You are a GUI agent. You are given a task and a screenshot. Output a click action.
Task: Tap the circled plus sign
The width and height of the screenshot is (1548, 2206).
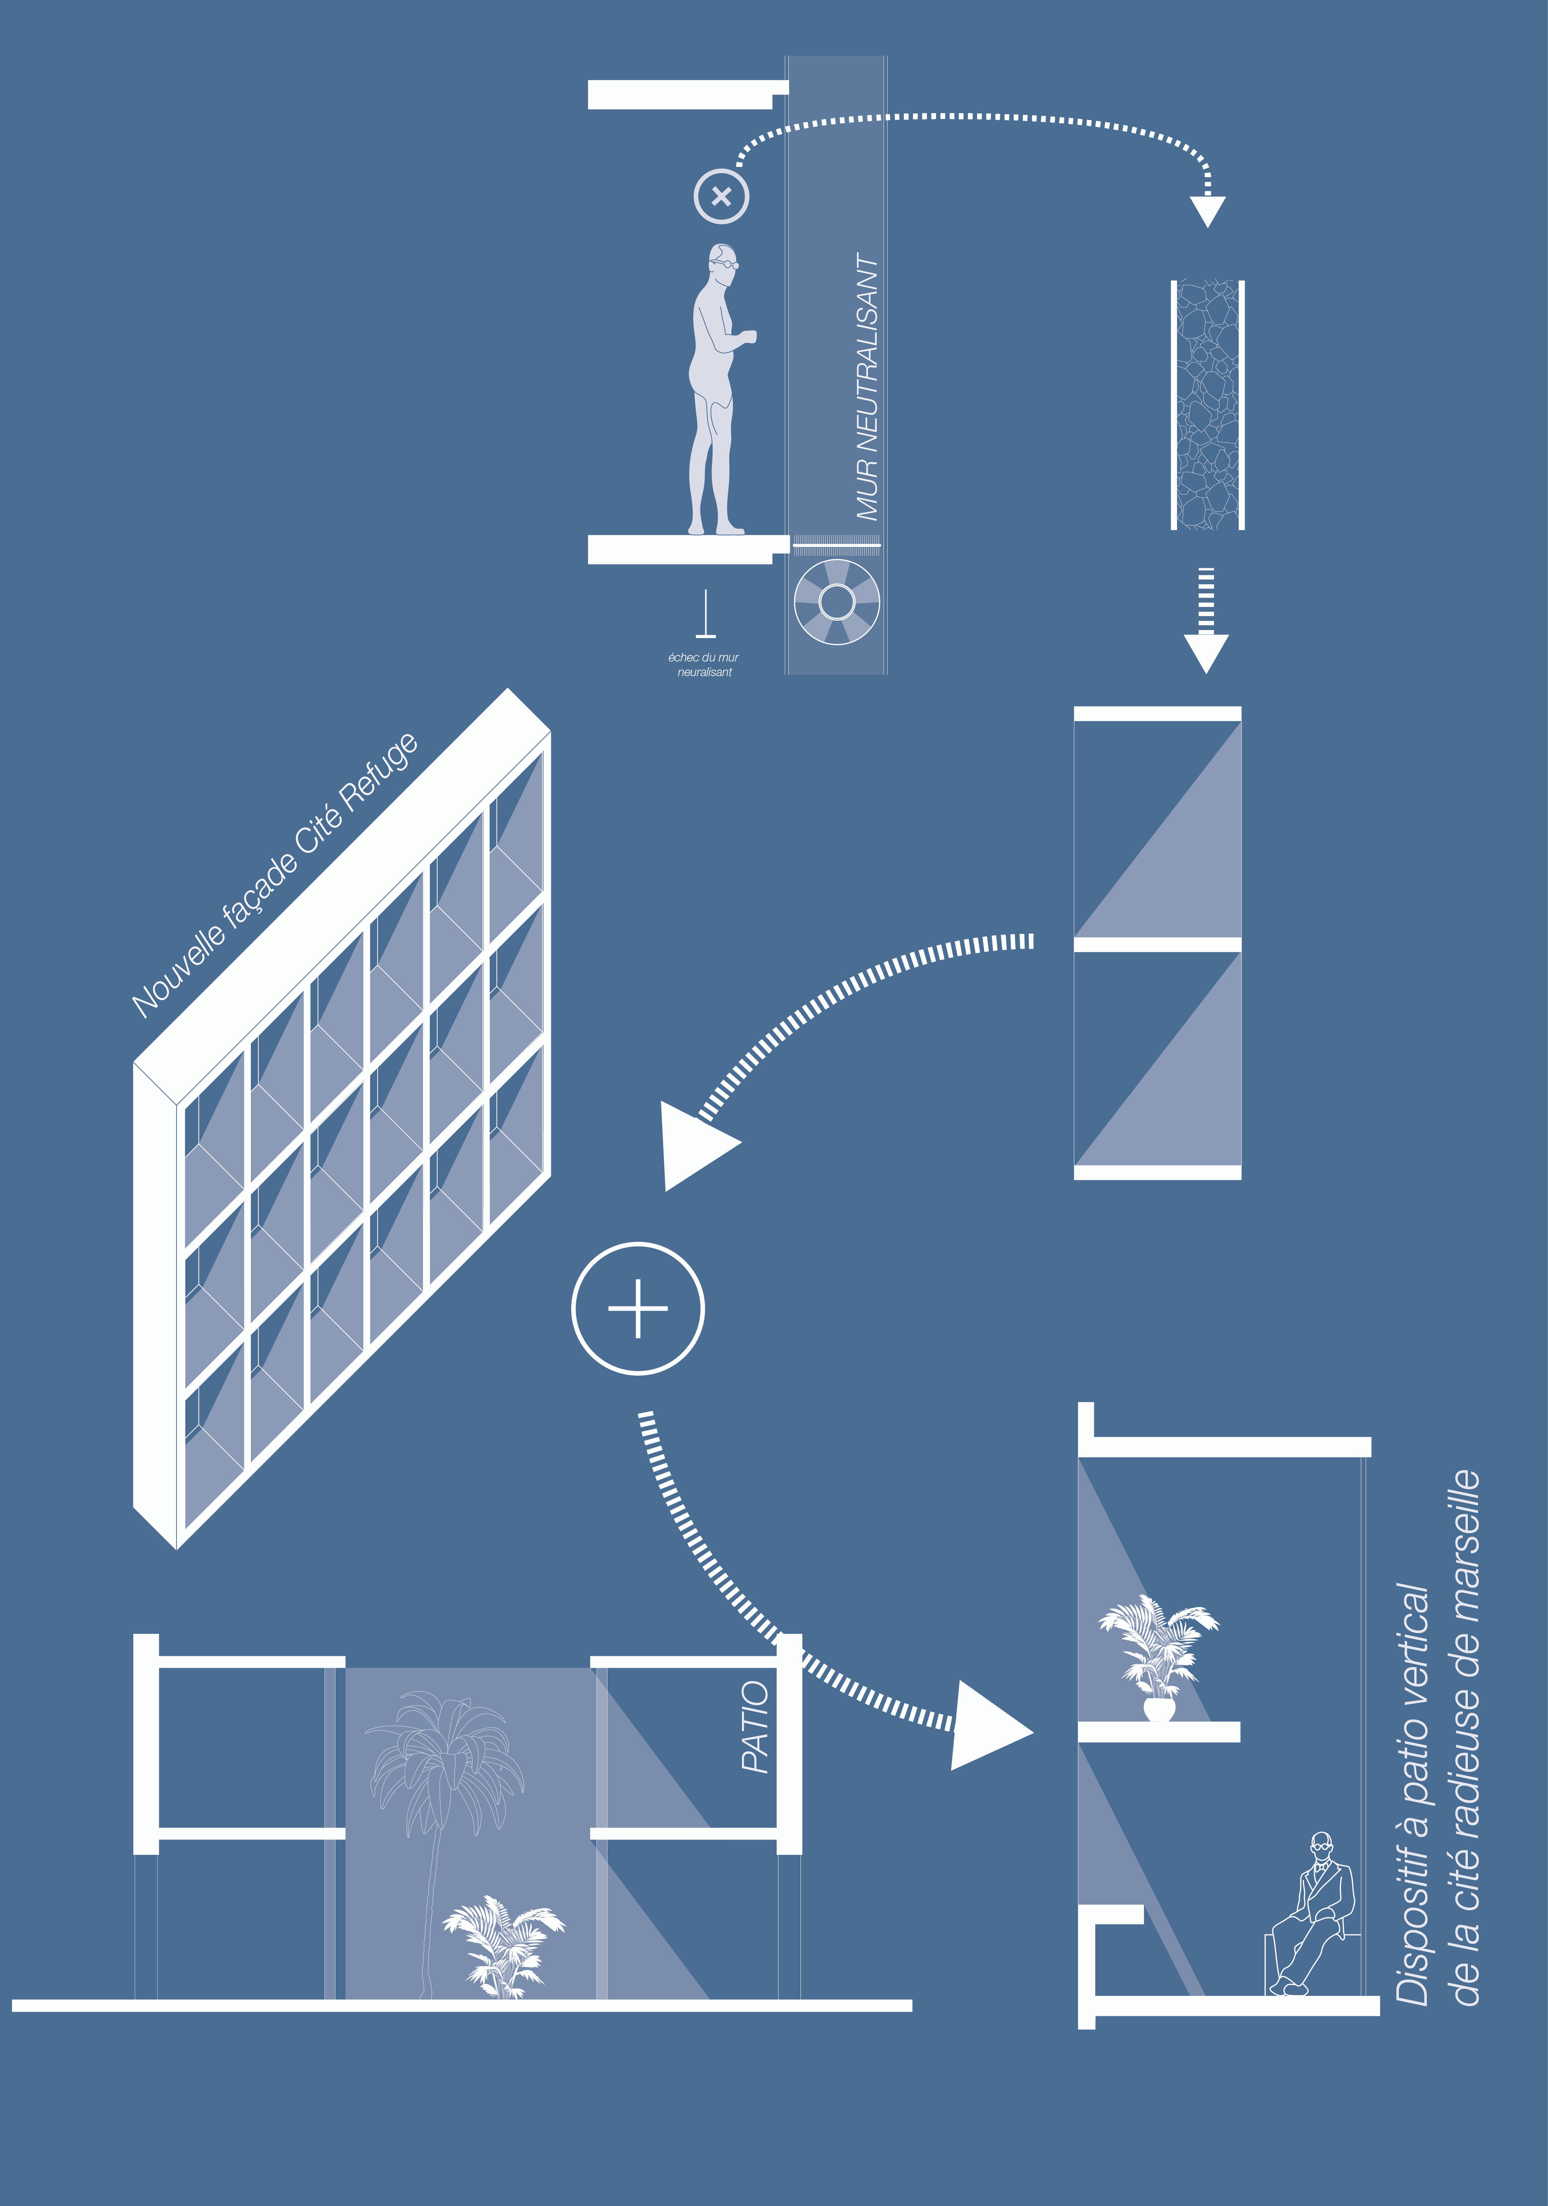tap(638, 1309)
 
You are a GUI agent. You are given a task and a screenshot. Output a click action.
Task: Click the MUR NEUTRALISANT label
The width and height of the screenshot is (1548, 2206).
tap(868, 387)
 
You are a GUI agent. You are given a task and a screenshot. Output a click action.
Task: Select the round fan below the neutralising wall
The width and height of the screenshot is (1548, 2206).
tap(837, 603)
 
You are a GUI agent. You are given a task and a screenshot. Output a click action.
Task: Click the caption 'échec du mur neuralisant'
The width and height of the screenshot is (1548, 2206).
tap(704, 665)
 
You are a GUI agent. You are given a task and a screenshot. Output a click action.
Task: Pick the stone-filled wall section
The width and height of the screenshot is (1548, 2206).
tap(1208, 405)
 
